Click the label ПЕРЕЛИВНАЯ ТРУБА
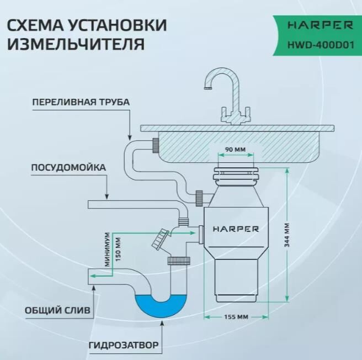click(x=81, y=103)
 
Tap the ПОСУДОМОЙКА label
click(x=68, y=167)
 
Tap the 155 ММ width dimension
click(x=236, y=317)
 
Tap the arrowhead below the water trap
click(x=162, y=325)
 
